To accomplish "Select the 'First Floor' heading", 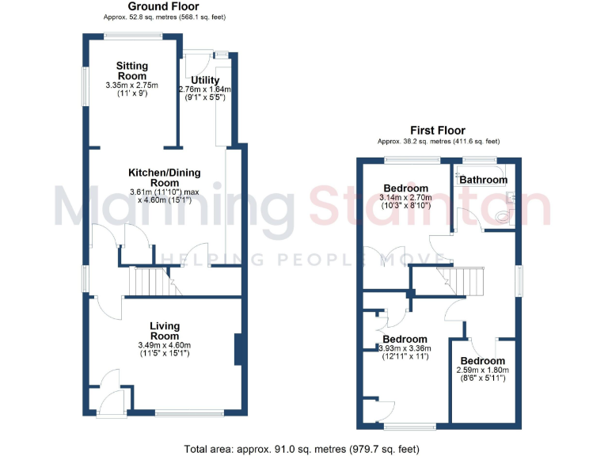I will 437,131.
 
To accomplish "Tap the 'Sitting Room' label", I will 132,70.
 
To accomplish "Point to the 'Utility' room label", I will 205,80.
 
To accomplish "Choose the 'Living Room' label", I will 165,330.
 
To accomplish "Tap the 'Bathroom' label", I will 483,180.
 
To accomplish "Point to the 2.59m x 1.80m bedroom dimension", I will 483,369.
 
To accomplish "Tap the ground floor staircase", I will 150,281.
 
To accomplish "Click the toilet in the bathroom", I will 503,215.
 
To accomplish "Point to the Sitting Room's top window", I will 133,34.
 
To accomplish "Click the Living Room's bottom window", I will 189,412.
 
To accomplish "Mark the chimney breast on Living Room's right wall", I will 237,349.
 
